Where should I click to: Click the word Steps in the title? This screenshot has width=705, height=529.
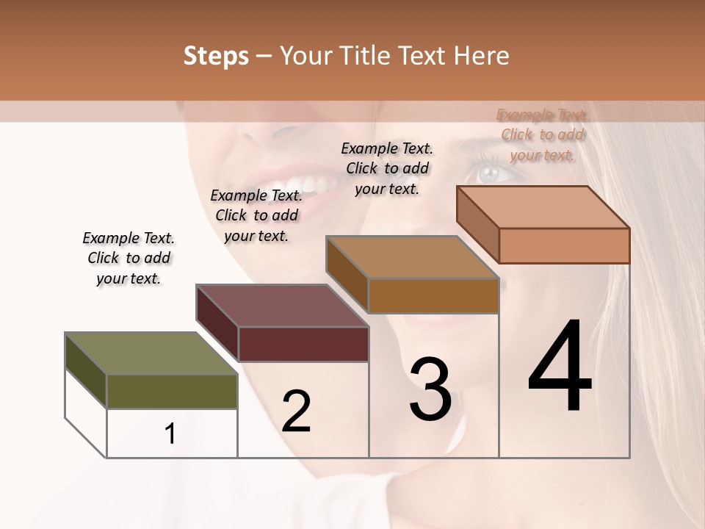[216, 56]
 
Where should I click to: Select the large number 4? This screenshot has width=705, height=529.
[560, 367]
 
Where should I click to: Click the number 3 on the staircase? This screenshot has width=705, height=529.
[430, 389]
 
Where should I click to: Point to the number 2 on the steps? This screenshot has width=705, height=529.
[296, 411]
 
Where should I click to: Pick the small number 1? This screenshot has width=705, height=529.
[170, 434]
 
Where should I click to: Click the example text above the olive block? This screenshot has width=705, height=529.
[129, 258]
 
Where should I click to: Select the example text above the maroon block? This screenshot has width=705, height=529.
[256, 215]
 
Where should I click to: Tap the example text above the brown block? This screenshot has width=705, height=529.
[387, 168]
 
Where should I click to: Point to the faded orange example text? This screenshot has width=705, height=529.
[543, 134]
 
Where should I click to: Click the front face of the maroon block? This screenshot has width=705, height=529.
[303, 345]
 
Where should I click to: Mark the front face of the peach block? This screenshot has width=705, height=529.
[564, 245]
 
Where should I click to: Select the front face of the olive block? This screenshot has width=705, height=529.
[172, 392]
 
